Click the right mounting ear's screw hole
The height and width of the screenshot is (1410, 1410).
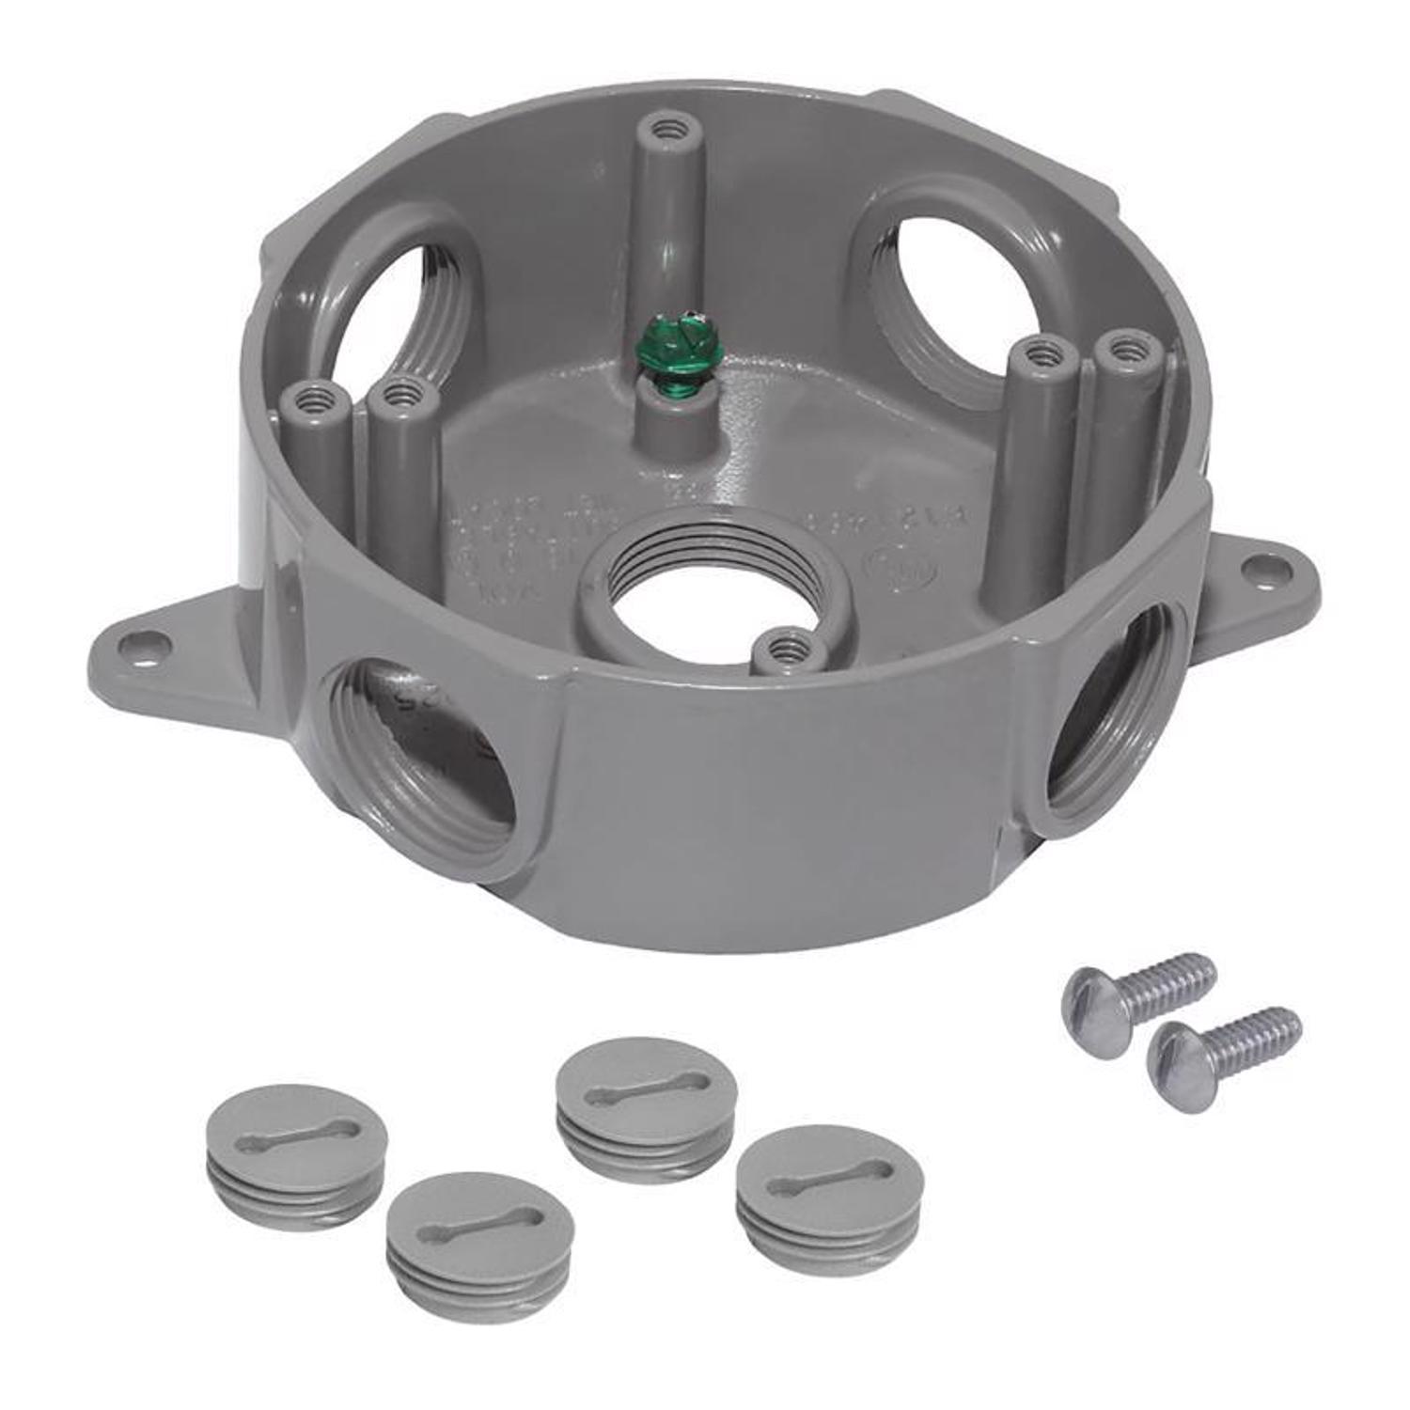[x=1251, y=567]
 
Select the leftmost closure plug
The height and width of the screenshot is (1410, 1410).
[x=295, y=1154]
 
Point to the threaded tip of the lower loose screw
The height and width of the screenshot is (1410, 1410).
[x=1288, y=1022]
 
